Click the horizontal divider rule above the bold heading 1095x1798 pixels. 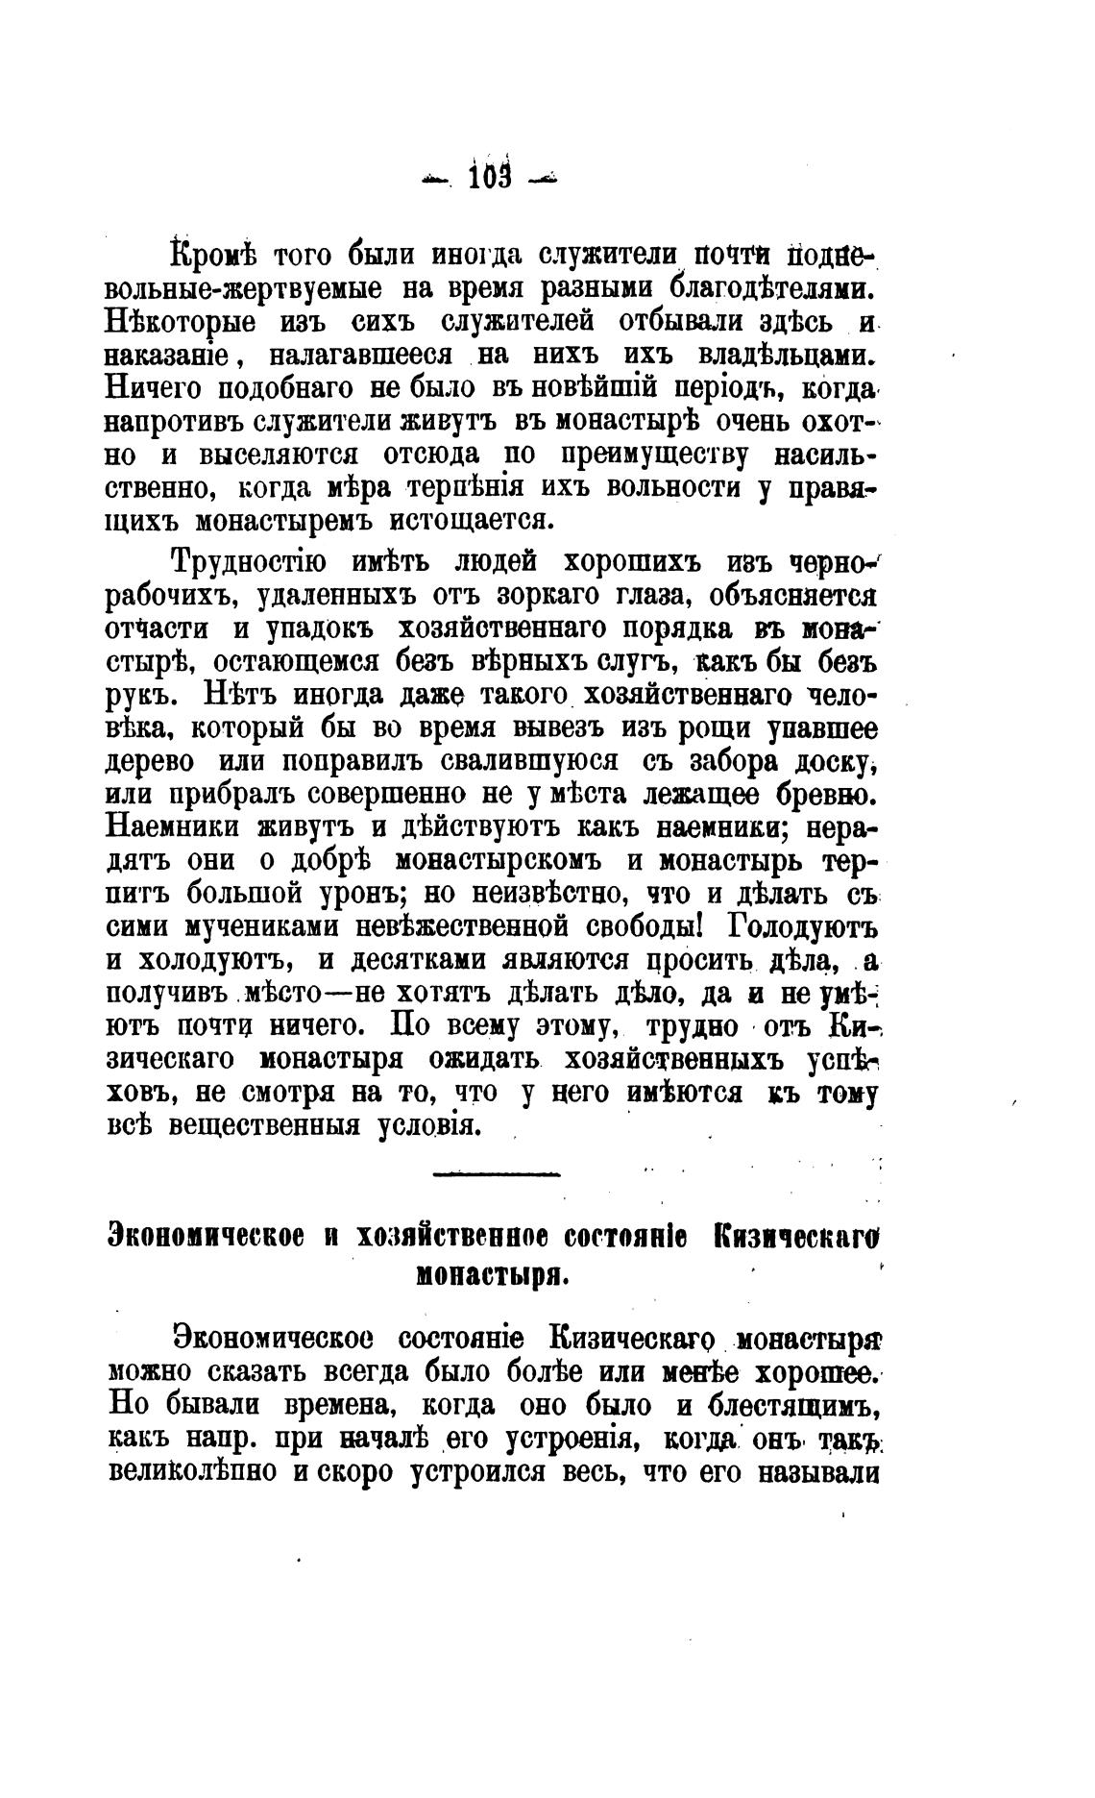pyautogui.click(x=497, y=1173)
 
